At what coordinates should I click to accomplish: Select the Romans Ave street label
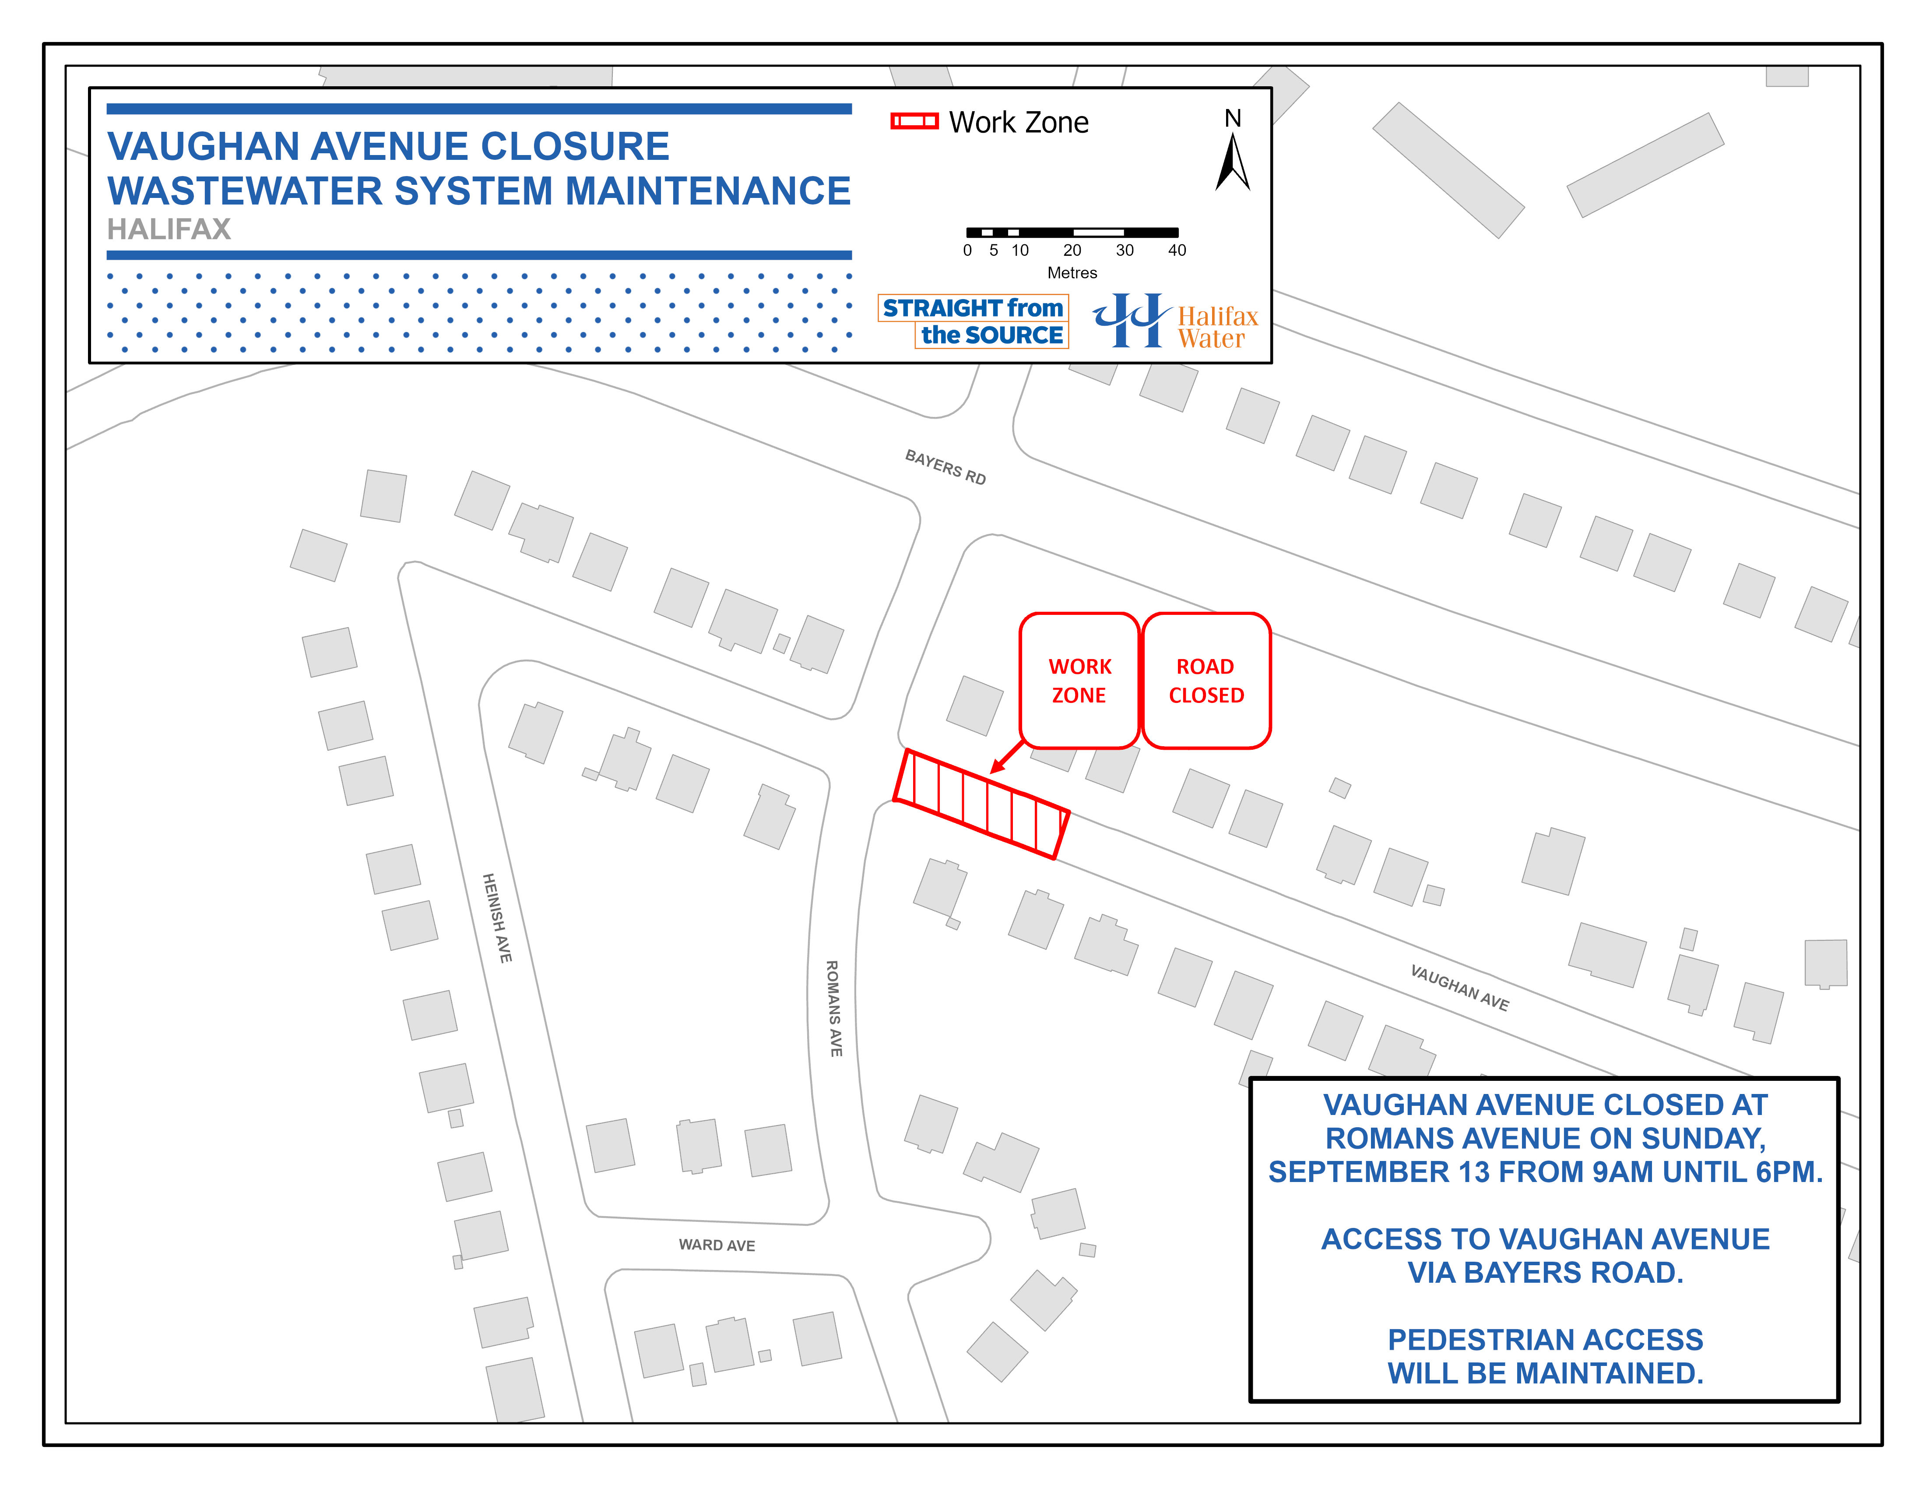833,1008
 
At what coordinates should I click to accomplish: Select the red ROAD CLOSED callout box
1206,680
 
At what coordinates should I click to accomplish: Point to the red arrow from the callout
1007,757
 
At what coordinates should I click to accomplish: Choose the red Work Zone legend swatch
914,122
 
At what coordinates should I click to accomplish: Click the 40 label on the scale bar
1177,251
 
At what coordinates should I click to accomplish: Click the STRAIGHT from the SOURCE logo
974,321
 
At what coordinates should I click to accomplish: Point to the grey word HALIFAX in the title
169,229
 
